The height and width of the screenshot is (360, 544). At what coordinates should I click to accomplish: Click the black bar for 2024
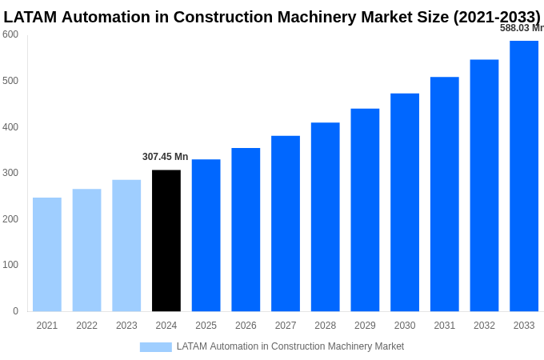click(x=166, y=240)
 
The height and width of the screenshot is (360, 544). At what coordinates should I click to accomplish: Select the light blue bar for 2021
click(x=47, y=254)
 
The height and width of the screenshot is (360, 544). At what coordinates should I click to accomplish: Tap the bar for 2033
click(x=524, y=176)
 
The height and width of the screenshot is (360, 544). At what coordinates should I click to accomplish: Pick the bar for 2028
click(x=326, y=217)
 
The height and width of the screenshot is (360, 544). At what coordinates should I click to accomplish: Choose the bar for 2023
click(x=126, y=246)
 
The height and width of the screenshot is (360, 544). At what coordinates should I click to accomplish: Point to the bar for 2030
click(x=405, y=202)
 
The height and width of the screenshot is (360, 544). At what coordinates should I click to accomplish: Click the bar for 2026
click(x=246, y=230)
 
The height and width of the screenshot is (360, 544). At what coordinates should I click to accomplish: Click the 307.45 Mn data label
click(x=166, y=157)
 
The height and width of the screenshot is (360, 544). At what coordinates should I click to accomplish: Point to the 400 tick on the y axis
click(x=10, y=127)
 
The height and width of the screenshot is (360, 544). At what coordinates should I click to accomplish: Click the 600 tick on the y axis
click(x=10, y=34)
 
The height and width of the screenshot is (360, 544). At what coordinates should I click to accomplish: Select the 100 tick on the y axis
click(x=10, y=265)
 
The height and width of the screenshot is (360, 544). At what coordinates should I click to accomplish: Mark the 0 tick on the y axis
click(x=15, y=311)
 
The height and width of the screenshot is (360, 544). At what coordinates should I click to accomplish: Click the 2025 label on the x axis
click(x=206, y=326)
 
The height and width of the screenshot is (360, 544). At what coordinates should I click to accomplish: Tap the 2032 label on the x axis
click(x=484, y=326)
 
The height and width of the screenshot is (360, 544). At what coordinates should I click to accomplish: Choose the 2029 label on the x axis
click(x=365, y=326)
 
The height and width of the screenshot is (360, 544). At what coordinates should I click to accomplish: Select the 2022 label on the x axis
click(x=86, y=326)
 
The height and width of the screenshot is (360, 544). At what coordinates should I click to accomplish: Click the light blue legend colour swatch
click(x=156, y=347)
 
